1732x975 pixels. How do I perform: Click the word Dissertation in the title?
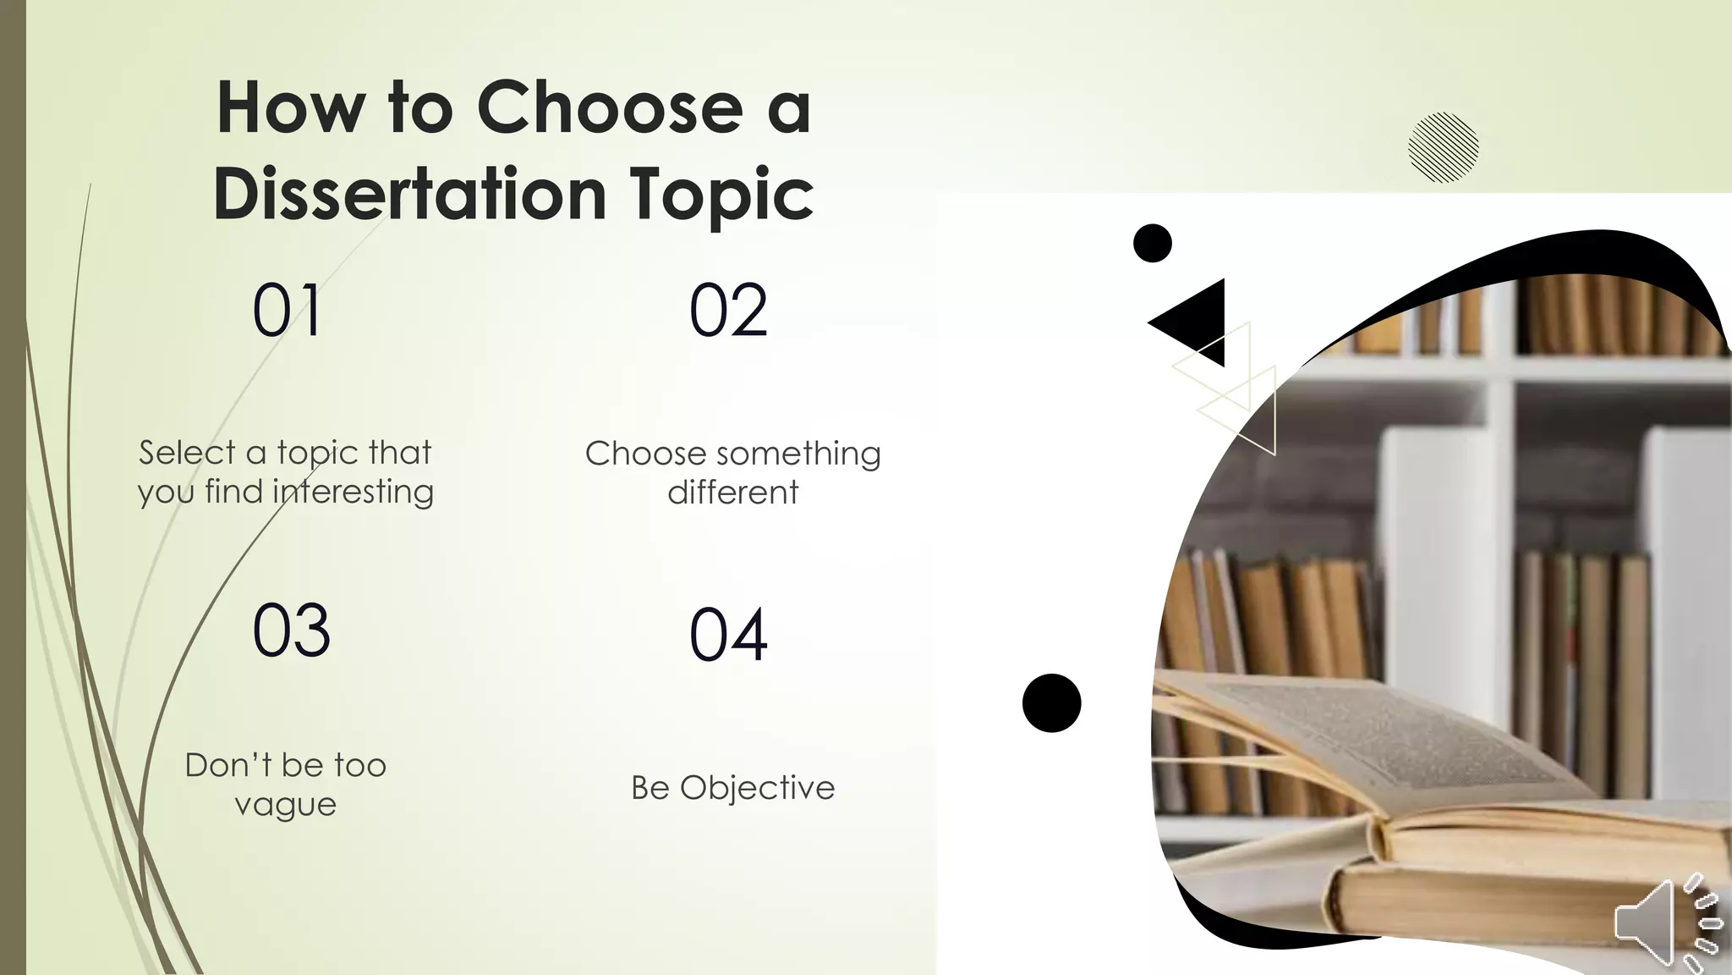411,195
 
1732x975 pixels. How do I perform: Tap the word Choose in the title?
609,108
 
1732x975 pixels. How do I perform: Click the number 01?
288,311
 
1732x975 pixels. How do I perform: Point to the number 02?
728,311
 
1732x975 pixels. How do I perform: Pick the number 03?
291,631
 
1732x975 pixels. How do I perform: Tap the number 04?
728,635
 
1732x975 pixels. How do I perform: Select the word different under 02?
732,493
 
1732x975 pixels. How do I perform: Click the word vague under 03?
286,805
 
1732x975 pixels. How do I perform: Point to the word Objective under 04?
757,788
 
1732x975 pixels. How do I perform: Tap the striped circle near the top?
1443,147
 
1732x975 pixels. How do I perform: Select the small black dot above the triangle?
1152,244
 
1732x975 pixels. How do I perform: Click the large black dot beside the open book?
1051,702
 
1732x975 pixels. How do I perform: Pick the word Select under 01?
188,453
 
